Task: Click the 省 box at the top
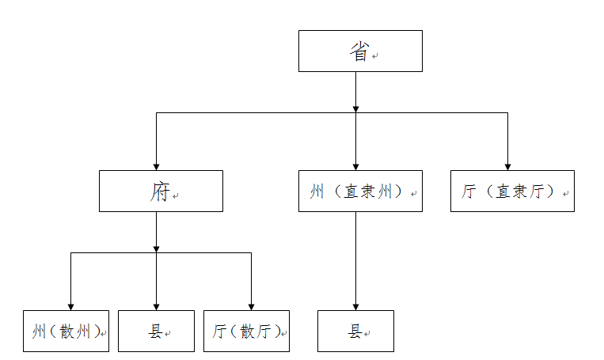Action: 360,51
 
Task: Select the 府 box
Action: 161,191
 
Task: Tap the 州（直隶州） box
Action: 360,191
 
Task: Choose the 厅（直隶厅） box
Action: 512,191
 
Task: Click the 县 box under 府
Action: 156,331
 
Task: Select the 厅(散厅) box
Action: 246,331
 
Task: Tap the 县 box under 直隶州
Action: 355,331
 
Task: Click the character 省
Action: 359,51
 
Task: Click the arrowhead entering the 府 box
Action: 156,165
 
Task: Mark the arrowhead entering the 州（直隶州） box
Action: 355,165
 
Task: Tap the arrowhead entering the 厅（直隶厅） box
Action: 507,165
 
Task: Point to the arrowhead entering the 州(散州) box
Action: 70,305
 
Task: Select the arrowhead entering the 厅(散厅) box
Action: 251,305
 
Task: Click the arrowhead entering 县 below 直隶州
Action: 355,305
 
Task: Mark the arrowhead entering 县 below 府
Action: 156,305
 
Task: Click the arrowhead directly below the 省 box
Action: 355,107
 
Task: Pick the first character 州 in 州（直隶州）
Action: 317,191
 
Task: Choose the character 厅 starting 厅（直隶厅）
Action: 469,191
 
